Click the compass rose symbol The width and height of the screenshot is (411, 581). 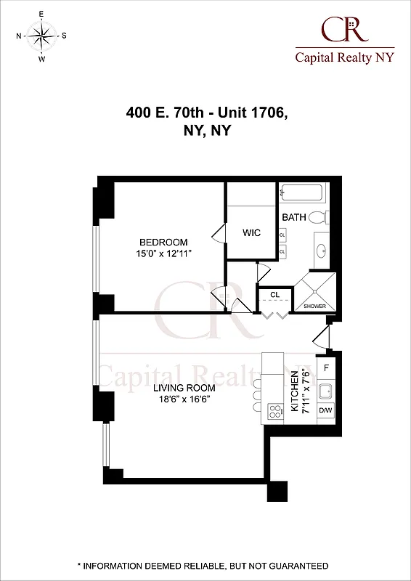click(x=41, y=36)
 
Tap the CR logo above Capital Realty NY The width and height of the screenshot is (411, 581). click(x=344, y=32)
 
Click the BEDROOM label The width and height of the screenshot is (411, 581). click(x=163, y=243)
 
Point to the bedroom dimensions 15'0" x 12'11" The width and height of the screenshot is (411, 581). click(x=163, y=254)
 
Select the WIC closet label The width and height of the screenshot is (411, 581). click(x=251, y=233)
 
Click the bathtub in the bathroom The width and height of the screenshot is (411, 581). click(x=303, y=195)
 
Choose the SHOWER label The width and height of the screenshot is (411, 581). click(x=315, y=306)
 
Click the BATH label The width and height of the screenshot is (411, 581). click(x=294, y=217)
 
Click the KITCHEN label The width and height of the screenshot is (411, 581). click(x=295, y=392)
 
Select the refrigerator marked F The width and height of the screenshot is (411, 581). click(x=326, y=368)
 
